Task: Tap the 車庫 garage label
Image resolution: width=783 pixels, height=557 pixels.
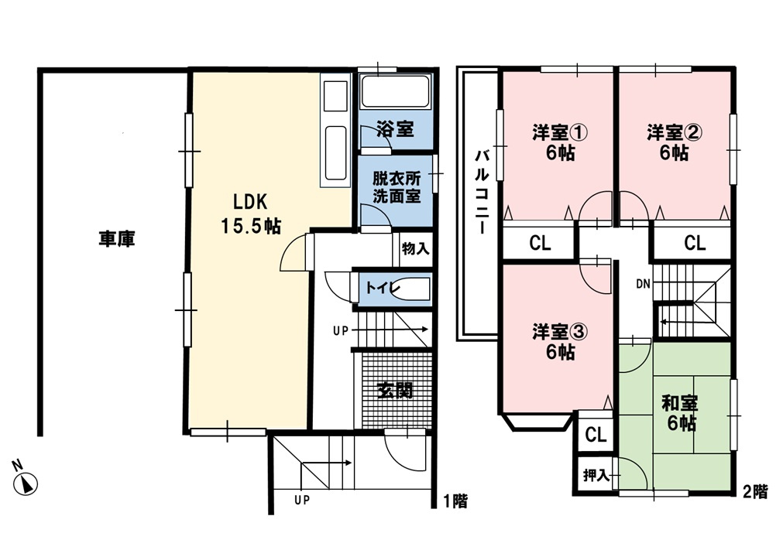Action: point(117,239)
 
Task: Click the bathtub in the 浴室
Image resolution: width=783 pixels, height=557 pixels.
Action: point(395,93)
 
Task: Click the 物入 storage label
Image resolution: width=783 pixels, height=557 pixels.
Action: point(415,249)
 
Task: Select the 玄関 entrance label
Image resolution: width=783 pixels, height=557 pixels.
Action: point(394,390)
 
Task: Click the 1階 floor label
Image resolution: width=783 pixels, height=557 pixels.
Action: point(455,501)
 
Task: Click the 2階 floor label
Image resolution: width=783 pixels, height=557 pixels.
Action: point(755,490)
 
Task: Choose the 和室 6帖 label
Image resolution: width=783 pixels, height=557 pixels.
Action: point(679,412)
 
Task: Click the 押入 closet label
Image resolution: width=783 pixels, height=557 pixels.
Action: point(596,475)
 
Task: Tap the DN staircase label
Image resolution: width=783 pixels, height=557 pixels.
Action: point(643,284)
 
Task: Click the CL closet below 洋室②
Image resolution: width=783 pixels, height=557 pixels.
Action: point(695,243)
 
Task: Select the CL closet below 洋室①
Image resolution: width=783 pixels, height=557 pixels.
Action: point(540,243)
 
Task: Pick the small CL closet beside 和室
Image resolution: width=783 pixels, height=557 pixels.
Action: point(596,434)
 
